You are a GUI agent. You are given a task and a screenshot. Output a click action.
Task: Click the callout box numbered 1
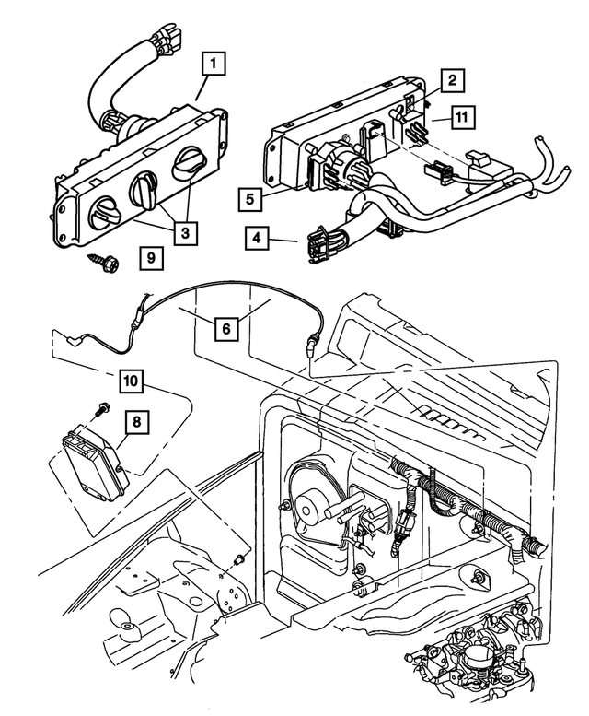214,65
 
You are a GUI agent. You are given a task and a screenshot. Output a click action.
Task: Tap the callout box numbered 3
186,232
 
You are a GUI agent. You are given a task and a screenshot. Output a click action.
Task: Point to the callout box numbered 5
248,197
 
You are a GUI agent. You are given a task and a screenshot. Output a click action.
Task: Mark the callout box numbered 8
136,423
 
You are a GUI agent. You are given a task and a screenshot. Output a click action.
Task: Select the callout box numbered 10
133,378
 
